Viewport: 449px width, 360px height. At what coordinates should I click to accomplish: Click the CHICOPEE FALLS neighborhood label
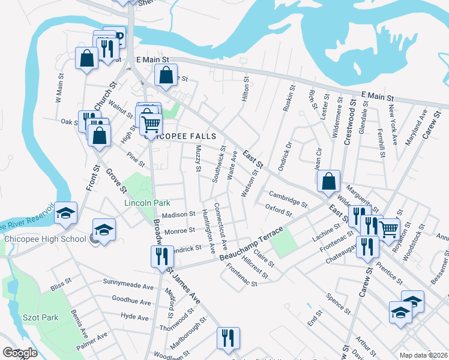click(180, 136)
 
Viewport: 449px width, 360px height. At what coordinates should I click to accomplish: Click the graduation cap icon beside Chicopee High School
click(104, 229)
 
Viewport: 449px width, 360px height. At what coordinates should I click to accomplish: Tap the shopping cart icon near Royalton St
click(388, 227)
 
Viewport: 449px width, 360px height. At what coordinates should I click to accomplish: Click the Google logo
click(20, 353)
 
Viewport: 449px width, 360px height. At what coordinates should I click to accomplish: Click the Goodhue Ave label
click(131, 298)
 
